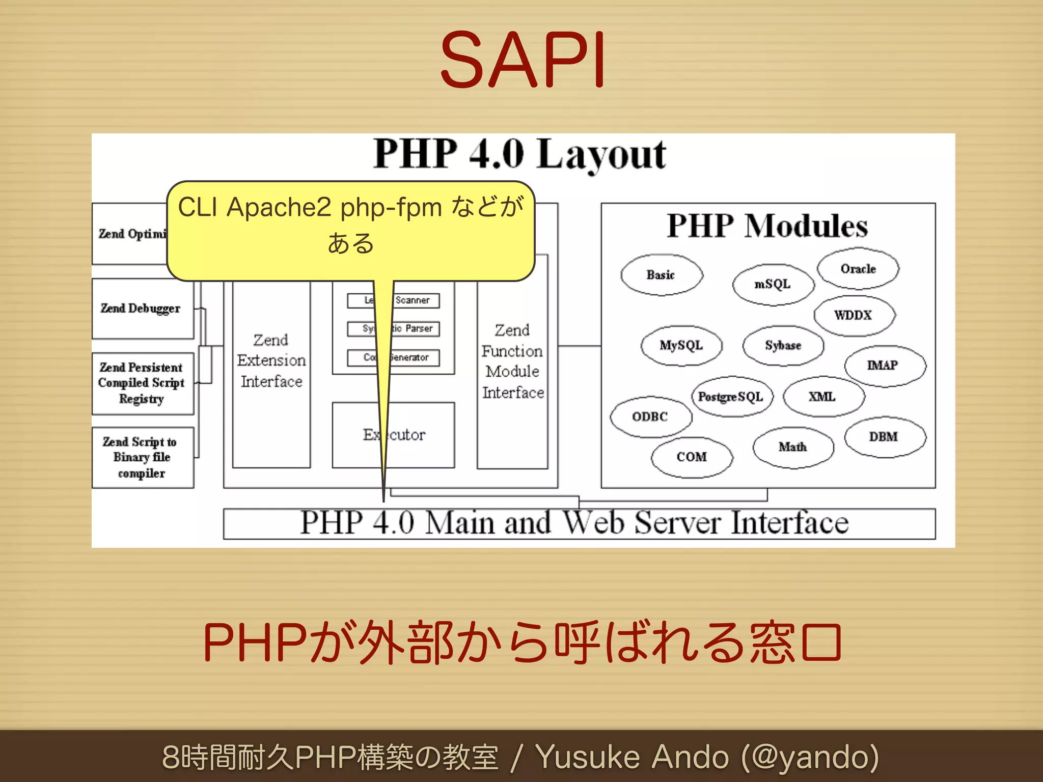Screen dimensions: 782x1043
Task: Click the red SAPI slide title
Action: click(523, 60)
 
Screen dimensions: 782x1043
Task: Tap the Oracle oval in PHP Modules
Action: click(858, 269)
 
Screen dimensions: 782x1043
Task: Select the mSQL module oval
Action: click(773, 284)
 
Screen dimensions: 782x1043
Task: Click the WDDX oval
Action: click(854, 315)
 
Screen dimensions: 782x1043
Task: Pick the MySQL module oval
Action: click(681, 346)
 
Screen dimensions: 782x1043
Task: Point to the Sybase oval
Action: click(783, 346)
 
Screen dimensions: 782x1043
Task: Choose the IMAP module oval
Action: click(884, 366)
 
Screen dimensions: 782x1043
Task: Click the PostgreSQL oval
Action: click(731, 397)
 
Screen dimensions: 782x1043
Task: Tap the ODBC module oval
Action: click(650, 417)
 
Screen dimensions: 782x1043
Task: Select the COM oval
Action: click(692, 457)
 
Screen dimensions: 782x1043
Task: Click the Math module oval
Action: click(793, 447)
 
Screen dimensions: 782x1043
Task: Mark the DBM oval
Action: click(884, 437)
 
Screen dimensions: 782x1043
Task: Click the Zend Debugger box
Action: click(142, 309)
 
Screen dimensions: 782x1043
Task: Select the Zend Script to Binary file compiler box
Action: click(142, 457)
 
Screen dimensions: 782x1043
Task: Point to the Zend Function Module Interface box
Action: click(512, 361)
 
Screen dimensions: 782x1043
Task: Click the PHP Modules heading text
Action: click(767, 226)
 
